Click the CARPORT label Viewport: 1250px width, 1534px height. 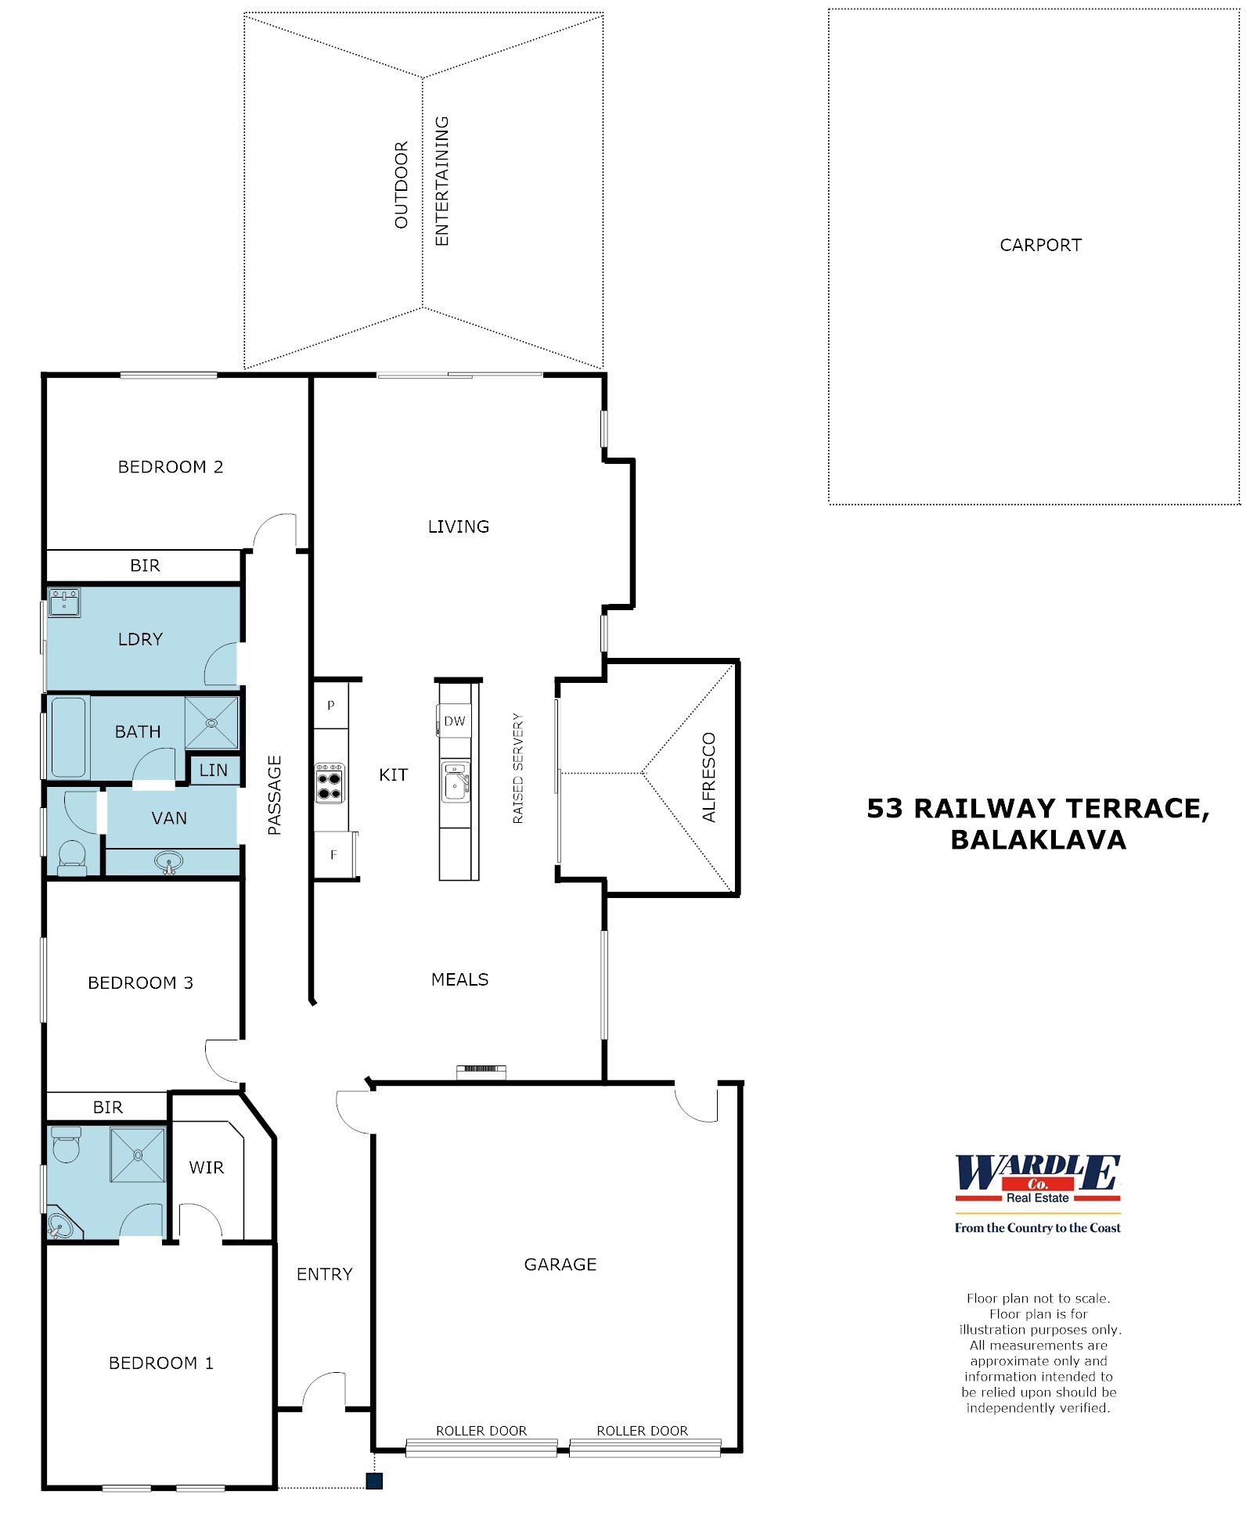click(1039, 245)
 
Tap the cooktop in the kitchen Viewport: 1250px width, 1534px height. click(329, 783)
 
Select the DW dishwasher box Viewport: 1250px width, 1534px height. click(454, 720)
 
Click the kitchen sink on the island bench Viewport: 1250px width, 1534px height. click(455, 781)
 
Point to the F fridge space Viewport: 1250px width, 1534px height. click(333, 854)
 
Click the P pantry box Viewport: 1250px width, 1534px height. click(330, 705)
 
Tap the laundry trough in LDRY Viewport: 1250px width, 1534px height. click(63, 602)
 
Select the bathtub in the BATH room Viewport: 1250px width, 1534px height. click(69, 736)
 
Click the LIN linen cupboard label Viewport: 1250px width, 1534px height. click(213, 770)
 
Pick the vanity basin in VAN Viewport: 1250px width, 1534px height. click(168, 862)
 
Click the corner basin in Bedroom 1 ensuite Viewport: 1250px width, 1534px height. click(59, 1225)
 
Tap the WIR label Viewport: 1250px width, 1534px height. click(207, 1167)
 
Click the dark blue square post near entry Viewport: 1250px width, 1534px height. click(374, 1480)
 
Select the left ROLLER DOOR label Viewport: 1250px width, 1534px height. click(481, 1430)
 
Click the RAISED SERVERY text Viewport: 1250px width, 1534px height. click(517, 767)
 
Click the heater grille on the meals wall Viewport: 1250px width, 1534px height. click(481, 1068)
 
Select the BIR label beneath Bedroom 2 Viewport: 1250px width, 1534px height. click(145, 565)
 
